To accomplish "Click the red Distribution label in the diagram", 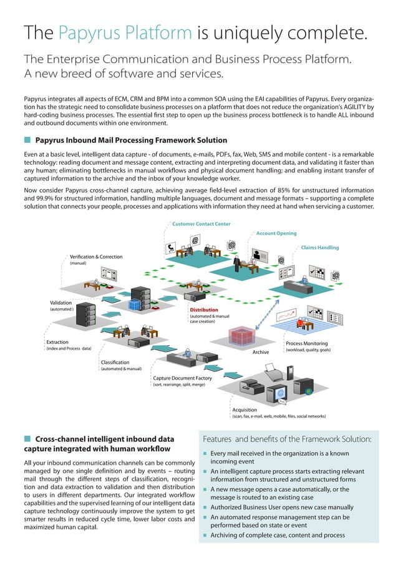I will click(x=204, y=310).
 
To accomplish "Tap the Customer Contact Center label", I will click(x=201, y=223).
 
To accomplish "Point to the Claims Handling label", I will click(x=320, y=248).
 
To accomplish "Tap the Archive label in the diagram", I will click(x=261, y=353).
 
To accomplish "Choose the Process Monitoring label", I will click(x=306, y=344).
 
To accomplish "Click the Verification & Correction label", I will click(x=96, y=257).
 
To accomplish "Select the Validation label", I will click(x=61, y=303).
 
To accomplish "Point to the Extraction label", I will click(x=58, y=343).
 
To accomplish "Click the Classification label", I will click(x=115, y=362).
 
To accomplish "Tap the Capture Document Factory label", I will click(x=182, y=378).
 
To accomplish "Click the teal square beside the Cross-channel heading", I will click(x=27, y=439).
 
